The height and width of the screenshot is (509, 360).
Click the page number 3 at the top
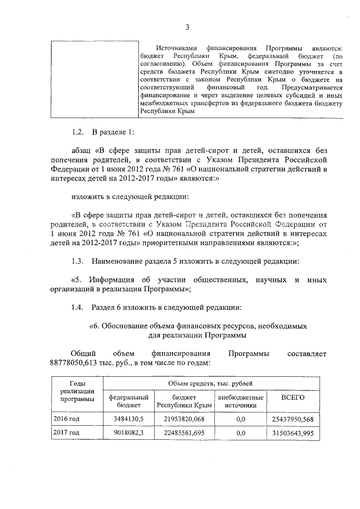click(188, 26)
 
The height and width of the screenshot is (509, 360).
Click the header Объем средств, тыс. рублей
click(210, 384)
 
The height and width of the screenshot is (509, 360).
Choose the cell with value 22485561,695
click(183, 433)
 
